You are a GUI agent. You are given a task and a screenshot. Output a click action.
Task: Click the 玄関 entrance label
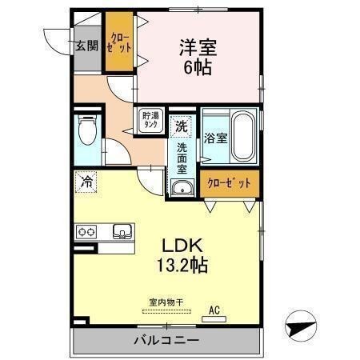point(86,45)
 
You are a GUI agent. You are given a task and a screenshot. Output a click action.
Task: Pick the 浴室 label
point(215,138)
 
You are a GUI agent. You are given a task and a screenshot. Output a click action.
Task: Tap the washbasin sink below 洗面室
point(182,189)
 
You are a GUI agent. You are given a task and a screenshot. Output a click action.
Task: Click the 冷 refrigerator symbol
point(86,182)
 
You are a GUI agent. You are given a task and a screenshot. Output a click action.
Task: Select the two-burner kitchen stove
point(86,231)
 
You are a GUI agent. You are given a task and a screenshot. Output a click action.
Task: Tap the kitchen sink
point(122,231)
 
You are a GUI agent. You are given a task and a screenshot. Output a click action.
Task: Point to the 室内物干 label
point(166,302)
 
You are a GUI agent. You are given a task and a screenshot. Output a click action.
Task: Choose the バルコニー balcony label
point(166,342)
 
